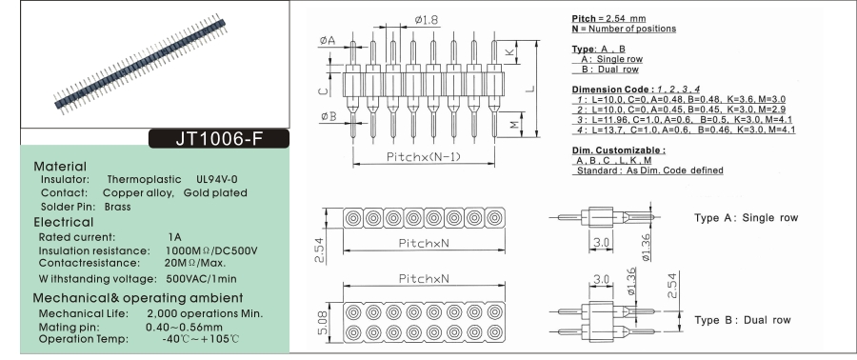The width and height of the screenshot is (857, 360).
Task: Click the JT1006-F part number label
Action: (x=219, y=139)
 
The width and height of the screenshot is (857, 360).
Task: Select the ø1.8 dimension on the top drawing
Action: (x=427, y=20)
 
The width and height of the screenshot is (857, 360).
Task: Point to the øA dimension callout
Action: (x=328, y=40)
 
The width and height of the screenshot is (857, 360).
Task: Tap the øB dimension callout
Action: (x=329, y=116)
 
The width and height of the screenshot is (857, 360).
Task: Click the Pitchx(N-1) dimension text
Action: (x=424, y=157)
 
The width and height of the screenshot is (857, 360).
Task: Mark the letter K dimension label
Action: (x=509, y=51)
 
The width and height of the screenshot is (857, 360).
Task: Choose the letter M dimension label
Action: (x=514, y=125)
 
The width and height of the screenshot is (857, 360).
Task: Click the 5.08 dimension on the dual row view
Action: (x=323, y=322)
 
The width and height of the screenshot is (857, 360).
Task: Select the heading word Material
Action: (x=60, y=167)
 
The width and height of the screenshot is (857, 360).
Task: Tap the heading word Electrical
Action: (x=64, y=222)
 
